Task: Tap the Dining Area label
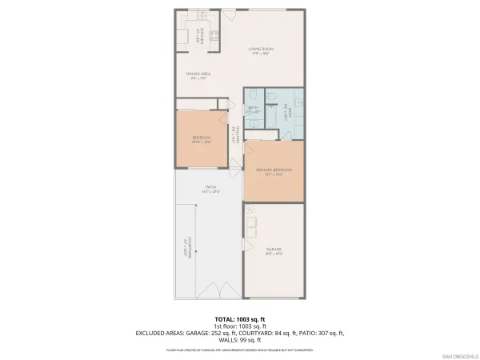click(x=198, y=76)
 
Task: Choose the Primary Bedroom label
click(x=274, y=172)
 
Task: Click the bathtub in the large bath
click(x=293, y=112)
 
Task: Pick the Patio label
click(x=210, y=190)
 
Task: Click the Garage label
click(x=274, y=252)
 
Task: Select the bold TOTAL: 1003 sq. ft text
click(x=241, y=319)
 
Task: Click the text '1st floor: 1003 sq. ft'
click(x=241, y=326)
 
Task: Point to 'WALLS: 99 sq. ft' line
click(x=241, y=339)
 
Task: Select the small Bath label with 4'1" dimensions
click(x=253, y=110)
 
